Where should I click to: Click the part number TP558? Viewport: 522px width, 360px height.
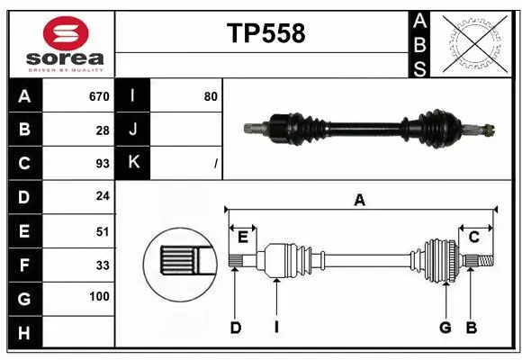point(265,33)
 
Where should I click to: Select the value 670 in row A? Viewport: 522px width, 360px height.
point(99,96)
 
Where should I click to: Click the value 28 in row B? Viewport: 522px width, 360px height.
point(103,130)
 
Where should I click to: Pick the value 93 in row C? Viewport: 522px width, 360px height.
point(103,163)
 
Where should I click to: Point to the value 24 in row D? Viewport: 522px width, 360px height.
point(103,196)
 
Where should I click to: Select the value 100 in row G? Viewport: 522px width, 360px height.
point(99,296)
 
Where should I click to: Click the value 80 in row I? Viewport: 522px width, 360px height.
point(211,96)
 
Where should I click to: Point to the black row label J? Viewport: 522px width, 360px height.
point(133,130)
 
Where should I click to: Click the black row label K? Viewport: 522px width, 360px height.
point(133,163)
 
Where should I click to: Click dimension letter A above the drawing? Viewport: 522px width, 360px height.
point(360,201)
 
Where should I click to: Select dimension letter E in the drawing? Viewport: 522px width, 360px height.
point(243,237)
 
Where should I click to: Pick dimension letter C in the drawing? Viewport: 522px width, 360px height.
point(473,237)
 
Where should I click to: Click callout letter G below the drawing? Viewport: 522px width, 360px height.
point(445,328)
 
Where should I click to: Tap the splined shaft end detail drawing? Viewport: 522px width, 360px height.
point(179,262)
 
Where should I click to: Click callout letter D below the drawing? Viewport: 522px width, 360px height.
point(236,328)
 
